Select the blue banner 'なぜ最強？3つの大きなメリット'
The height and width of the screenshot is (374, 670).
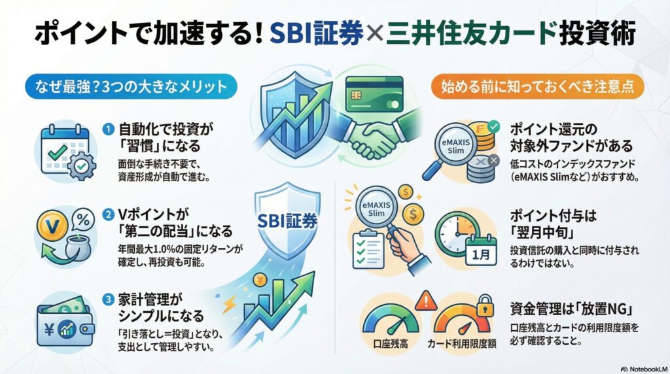click(124, 86)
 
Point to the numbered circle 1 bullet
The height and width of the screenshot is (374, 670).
click(109, 129)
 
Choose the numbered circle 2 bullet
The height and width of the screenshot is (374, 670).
click(109, 214)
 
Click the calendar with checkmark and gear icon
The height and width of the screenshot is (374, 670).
click(65, 149)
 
